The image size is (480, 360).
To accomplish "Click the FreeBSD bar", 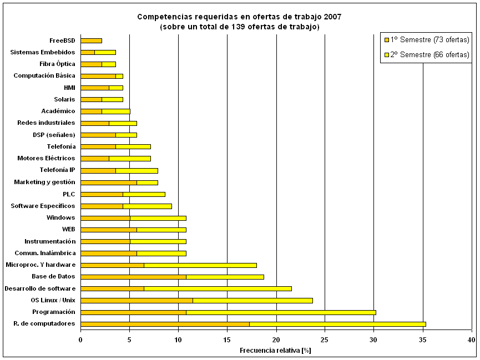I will click(91, 40).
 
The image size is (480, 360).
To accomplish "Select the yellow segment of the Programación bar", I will click(281, 312).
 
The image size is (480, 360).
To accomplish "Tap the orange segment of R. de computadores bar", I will click(165, 324).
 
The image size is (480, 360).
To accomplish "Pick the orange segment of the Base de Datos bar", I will click(133, 276).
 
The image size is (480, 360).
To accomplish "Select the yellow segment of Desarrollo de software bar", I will click(218, 288).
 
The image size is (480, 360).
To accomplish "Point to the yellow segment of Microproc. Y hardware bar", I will click(200, 265).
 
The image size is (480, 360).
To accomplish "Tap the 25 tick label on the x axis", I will click(325, 339).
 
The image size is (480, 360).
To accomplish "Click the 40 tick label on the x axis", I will click(471, 339).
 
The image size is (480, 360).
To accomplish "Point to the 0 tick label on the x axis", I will click(80, 339).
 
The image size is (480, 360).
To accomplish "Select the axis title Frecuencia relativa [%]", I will click(275, 351).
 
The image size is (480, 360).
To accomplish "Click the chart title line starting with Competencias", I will click(239, 17).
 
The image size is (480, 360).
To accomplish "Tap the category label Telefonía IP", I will click(57, 170).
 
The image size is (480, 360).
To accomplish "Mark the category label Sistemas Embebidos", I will click(43, 52).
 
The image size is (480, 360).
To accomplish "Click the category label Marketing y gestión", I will click(44, 182).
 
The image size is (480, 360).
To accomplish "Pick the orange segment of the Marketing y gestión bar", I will click(108, 182).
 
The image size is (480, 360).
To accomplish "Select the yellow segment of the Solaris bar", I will click(112, 99).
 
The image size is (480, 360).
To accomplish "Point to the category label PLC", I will click(69, 194).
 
